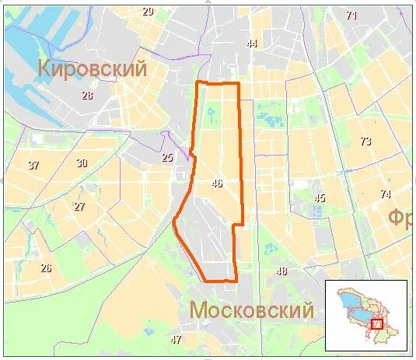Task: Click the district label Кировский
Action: pos(93,68)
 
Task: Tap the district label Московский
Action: pos(251,311)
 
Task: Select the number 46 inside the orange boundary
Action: pos(217,184)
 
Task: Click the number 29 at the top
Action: pos(148,11)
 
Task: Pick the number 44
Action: pos(251,44)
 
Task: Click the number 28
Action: pos(87,96)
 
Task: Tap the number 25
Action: pos(167,158)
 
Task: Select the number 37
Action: pos(33,166)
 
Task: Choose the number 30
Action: pos(82,163)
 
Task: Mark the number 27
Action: pos(79,207)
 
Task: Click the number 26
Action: pos(46,268)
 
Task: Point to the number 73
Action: pos(365,141)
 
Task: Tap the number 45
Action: pos(319,197)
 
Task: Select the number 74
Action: pos(385,194)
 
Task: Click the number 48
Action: pos(281,271)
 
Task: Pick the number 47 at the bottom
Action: pos(176,339)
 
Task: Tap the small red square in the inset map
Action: pos(377,323)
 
